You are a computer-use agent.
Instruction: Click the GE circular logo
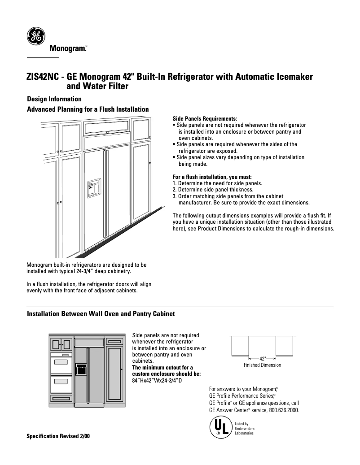[35, 36]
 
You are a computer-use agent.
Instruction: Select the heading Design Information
[54, 99]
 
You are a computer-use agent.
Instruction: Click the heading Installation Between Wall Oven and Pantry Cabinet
[101, 314]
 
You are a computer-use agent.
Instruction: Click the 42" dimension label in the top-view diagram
[263, 358]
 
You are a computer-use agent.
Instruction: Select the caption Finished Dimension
[262, 365]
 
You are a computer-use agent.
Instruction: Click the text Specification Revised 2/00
[58, 436]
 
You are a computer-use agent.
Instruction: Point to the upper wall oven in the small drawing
[61, 361]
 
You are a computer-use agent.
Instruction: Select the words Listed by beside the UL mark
[241, 423]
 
